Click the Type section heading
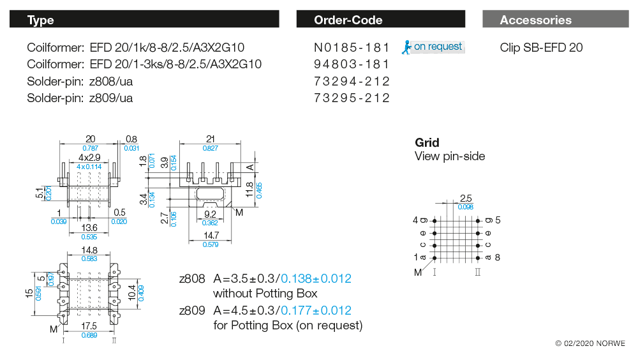coord(41,20)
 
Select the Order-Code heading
coord(348,20)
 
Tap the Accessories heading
coord(535,20)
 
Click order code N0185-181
coord(352,48)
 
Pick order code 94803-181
coord(352,64)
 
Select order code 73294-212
coord(352,81)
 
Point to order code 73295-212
coord(352,98)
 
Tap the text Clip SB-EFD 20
coord(541,48)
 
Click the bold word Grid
coord(427,142)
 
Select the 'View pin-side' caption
coord(450,156)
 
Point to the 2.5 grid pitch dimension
coord(465,198)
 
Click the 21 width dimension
coord(210,139)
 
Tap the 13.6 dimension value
coord(89,227)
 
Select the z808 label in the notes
coord(192,279)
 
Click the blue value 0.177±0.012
coord(316,311)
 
